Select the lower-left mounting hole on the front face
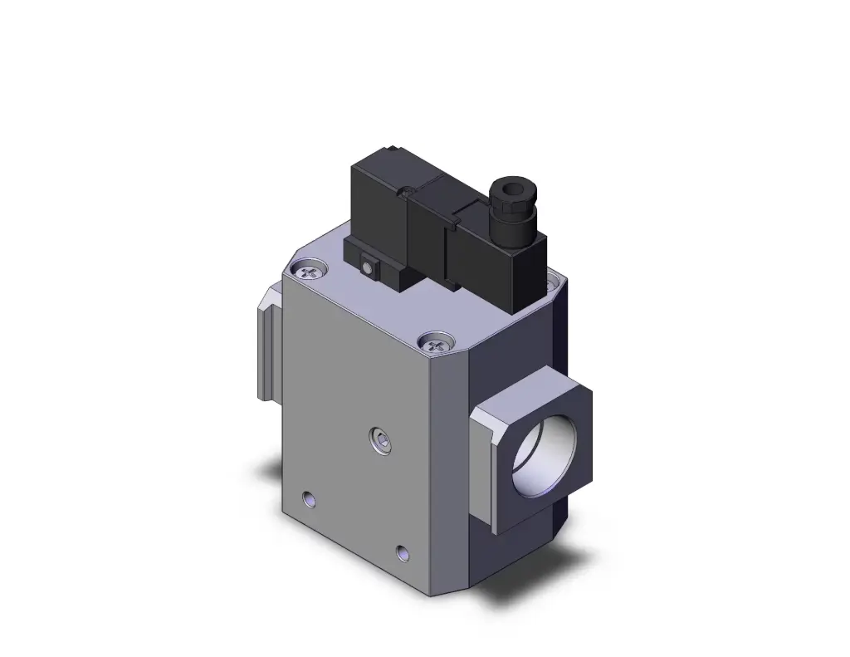(x=310, y=498)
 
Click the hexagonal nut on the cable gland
(x=507, y=207)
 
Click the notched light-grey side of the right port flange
(x=485, y=465)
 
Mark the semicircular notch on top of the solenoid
(x=406, y=193)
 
